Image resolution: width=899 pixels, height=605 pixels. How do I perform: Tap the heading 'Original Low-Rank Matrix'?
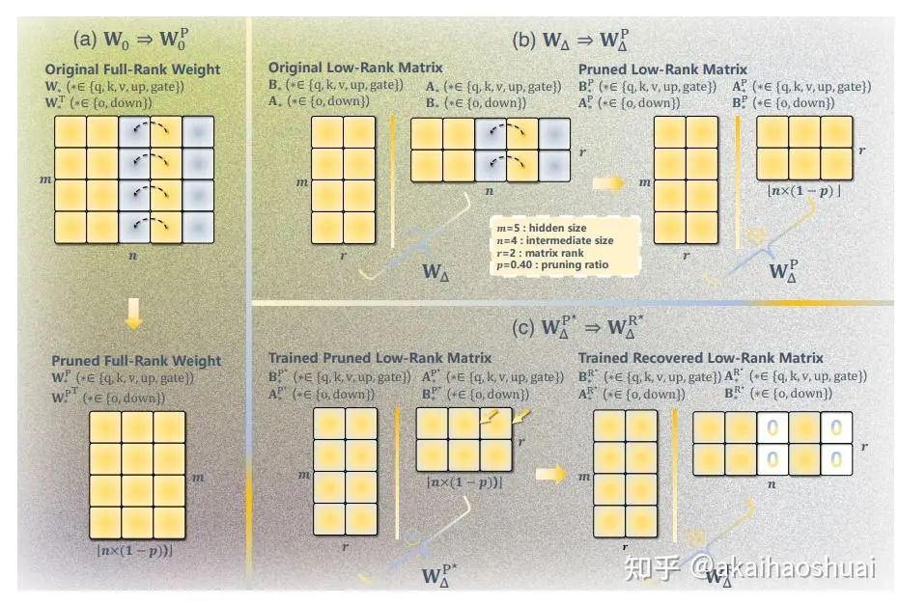[x=355, y=69]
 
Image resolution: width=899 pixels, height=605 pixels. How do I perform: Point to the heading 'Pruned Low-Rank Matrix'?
[x=662, y=69]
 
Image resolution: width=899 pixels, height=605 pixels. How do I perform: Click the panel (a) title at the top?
[x=130, y=41]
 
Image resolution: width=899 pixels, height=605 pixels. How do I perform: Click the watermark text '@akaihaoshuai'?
[x=784, y=568]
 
